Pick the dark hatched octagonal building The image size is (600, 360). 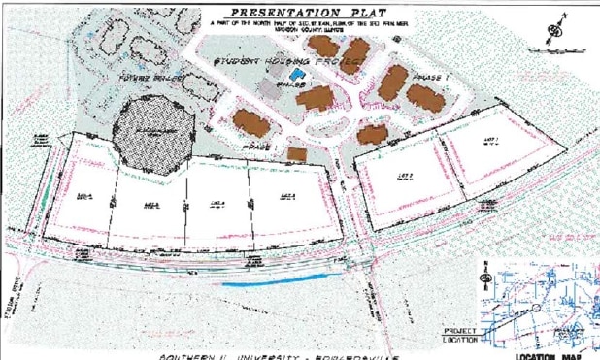coord(147,137)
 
